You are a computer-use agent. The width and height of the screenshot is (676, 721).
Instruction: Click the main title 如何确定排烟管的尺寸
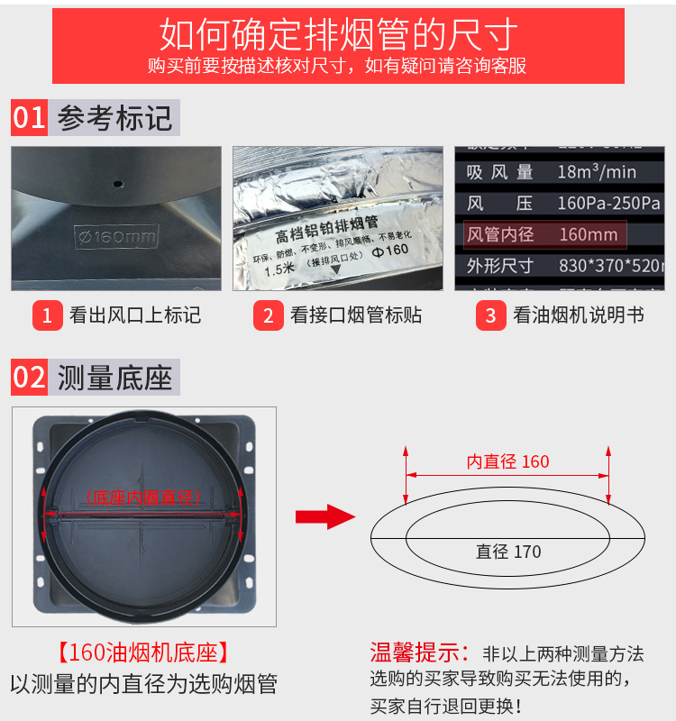click(338, 34)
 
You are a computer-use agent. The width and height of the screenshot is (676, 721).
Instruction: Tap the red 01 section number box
click(30, 118)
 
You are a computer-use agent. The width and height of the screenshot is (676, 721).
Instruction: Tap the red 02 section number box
click(30, 377)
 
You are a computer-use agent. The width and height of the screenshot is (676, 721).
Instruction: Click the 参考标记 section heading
click(114, 118)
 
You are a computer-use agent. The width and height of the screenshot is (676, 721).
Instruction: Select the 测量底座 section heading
click(114, 377)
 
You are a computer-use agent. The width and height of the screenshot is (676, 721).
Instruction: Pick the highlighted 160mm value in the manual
click(588, 235)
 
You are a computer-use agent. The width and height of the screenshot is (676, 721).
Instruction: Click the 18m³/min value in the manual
click(596, 171)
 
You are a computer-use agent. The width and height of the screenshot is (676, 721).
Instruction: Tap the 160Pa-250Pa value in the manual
click(608, 203)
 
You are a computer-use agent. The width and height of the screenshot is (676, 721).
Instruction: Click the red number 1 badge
click(46, 315)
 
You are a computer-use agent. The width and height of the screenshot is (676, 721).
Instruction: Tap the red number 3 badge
click(490, 315)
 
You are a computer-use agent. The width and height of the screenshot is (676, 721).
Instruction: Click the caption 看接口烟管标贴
click(355, 315)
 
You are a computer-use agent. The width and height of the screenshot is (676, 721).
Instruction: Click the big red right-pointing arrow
click(323, 516)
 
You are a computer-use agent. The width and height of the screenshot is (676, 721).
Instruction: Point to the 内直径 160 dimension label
click(507, 461)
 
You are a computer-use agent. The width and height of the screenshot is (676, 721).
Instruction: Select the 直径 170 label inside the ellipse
click(508, 552)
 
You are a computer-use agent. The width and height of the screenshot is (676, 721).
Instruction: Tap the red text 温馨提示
click(419, 652)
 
